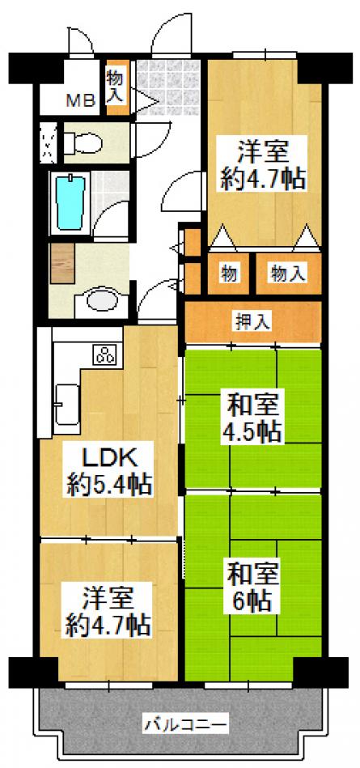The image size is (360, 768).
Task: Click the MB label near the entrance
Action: click(81, 102)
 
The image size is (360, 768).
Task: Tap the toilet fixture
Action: click(83, 142)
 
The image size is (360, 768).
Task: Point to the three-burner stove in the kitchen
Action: click(104, 354)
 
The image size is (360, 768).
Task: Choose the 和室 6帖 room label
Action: click(252, 586)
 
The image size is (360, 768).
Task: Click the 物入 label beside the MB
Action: click(118, 87)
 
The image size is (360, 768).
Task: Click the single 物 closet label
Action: click(229, 274)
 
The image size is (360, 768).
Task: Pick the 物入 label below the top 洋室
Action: click(288, 274)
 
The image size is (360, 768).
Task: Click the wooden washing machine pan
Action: click(62, 264)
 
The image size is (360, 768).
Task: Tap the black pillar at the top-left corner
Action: click(36, 68)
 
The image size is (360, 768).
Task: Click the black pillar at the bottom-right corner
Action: click(321, 673)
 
